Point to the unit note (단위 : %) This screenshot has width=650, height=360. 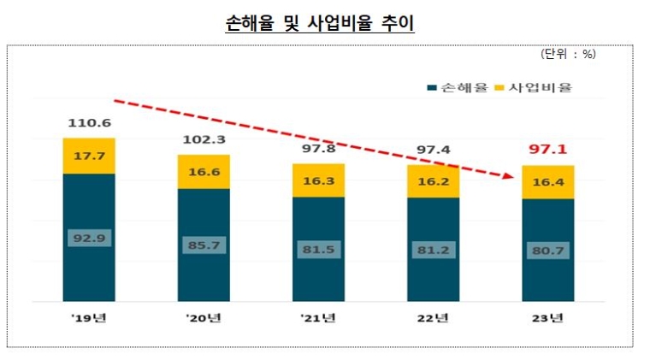pos(568,55)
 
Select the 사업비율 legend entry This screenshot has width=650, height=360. pos(535,87)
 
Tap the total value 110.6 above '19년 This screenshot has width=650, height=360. pos(89,124)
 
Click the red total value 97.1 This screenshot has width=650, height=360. pos(547,150)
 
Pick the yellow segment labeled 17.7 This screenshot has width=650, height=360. pos(89,156)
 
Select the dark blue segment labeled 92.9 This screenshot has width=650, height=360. pos(89,238)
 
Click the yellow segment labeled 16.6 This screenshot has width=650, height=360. pos(204,172)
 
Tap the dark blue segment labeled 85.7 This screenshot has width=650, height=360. pos(204,245)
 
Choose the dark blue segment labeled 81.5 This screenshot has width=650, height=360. pos(318,250)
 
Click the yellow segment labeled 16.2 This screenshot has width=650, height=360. pos(433,181)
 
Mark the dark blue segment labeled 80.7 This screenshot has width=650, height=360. pos(547,251)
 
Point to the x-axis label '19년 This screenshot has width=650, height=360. pos(88,320)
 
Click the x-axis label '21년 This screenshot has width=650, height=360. pos(317,320)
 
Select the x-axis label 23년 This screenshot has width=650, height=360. pos(547,320)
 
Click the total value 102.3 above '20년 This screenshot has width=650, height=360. pos(204,140)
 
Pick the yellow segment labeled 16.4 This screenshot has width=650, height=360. pos(547,182)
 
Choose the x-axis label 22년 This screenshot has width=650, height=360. pos(433,320)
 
